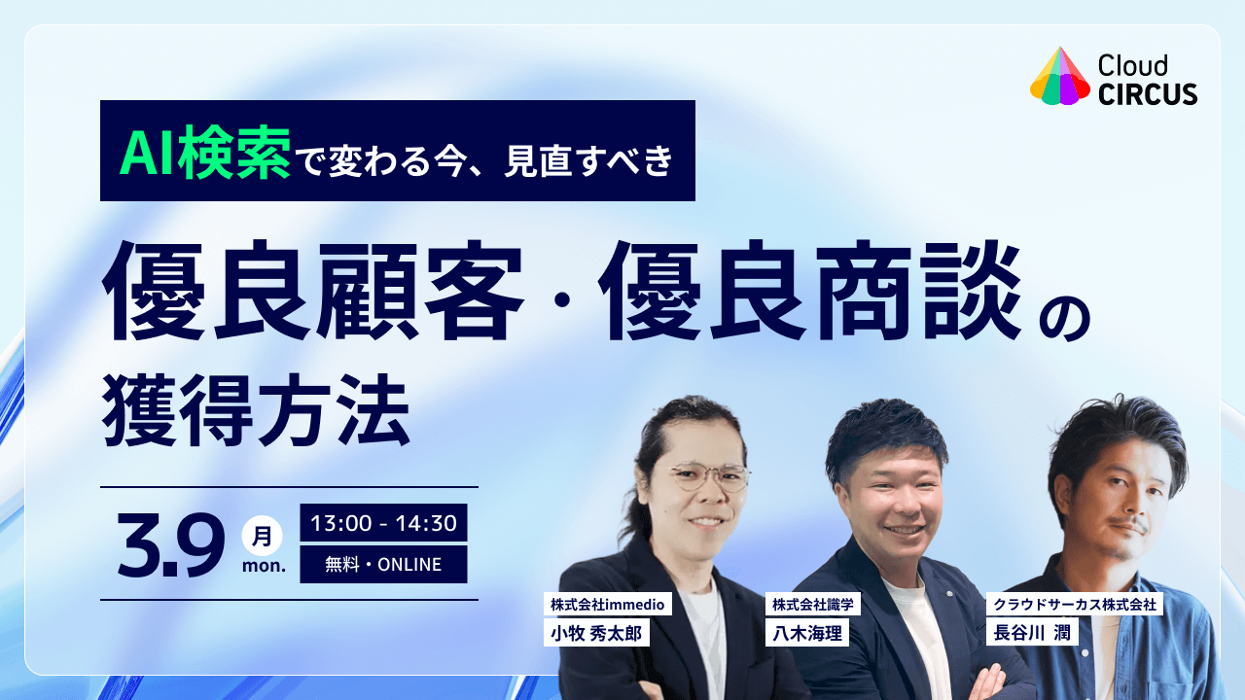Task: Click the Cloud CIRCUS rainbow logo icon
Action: [x=1059, y=77]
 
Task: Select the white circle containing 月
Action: [x=262, y=536]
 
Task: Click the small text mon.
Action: [x=262, y=567]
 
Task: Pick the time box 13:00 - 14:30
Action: [x=383, y=523]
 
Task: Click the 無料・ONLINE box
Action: [x=383, y=564]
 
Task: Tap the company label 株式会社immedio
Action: [x=607, y=605]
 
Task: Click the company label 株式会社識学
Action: [x=812, y=605]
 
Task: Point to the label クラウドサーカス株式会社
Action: [x=1074, y=605]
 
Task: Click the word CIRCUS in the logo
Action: [x=1148, y=93]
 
